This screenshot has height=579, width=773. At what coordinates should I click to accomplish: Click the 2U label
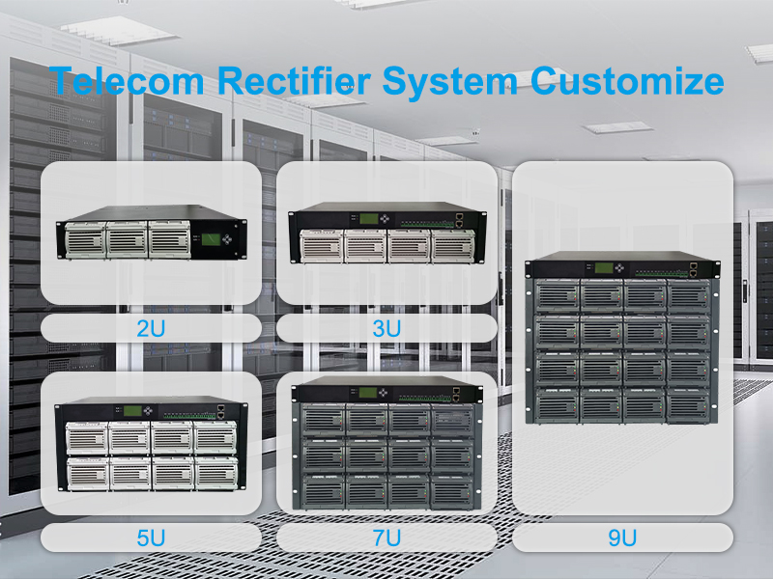coord(151,328)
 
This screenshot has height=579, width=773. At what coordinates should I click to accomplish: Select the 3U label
coord(386,328)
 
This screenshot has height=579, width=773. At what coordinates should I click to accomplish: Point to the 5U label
coord(151,538)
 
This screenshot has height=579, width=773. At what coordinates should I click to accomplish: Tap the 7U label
coord(386,538)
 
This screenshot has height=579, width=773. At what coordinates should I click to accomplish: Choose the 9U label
coord(622,538)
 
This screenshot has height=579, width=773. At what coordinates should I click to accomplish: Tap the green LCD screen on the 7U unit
coord(366,393)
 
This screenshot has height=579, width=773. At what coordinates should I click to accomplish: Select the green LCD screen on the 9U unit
coord(603,267)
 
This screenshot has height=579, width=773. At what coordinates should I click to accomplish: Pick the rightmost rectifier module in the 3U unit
coord(451,247)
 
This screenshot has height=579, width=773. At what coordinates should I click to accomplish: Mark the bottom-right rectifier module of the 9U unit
coord(687,404)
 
